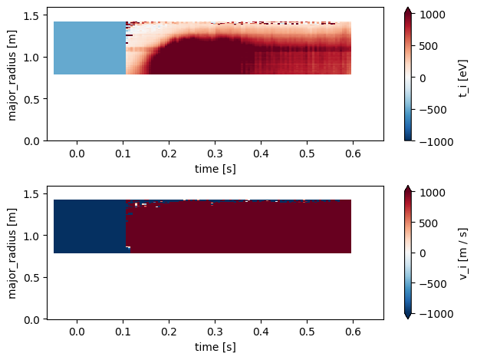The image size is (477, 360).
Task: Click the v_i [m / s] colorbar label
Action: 462,253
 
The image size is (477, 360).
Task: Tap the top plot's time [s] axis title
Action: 215,168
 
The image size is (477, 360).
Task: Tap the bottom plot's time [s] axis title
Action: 215,346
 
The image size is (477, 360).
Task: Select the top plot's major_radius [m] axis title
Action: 12,75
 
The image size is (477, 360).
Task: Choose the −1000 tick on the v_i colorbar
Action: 434,315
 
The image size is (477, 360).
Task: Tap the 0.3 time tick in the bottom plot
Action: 215,332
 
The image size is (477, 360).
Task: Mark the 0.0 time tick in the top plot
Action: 77,154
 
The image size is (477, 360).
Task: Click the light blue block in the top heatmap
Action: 89,48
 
